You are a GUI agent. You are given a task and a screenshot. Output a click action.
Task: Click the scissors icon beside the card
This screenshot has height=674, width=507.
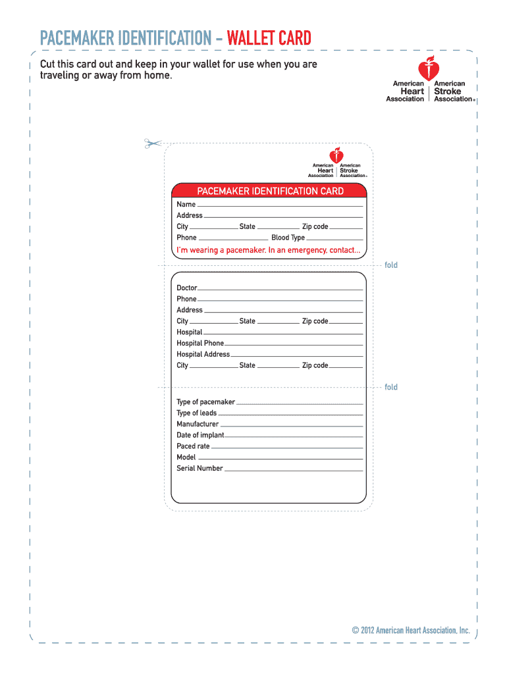coord(153,143)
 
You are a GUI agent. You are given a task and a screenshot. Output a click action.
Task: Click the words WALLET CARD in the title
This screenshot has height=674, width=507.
coord(269,38)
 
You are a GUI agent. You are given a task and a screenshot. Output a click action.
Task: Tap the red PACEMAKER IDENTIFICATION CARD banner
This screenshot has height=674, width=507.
coord(270,191)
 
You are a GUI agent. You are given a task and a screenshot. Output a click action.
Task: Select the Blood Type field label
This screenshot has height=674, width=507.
coord(288,238)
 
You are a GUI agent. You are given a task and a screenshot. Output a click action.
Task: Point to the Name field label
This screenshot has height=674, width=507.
coord(186,205)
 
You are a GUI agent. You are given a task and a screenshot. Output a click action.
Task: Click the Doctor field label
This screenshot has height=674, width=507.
coord(186,288)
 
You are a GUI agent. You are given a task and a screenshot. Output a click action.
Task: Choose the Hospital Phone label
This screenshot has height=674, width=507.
coord(200,344)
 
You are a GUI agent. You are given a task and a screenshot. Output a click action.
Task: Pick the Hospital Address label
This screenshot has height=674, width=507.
coord(203,355)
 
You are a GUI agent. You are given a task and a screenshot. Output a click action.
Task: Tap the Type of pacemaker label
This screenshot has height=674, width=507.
coord(205,402)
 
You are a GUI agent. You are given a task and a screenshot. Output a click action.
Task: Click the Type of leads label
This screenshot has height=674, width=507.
coord(196,413)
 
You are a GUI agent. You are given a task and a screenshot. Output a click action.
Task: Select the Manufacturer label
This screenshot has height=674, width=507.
coord(198,425)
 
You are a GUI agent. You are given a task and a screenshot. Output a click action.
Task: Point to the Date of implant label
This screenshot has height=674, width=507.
coord(200,436)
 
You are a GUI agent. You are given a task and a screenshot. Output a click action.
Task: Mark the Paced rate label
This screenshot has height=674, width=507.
coord(193,446)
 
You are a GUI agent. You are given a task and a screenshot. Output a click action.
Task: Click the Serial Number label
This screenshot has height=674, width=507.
coord(200,469)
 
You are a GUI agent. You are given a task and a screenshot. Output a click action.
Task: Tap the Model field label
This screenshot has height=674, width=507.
coord(186,457)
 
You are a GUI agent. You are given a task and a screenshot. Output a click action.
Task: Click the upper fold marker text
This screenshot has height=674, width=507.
coord(391,265)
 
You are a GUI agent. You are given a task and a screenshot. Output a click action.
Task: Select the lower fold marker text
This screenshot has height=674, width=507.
coord(391,387)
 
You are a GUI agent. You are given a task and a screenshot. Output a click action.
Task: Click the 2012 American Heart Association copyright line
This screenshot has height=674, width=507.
coord(411,631)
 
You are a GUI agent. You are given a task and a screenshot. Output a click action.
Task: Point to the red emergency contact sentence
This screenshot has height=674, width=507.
coord(268,250)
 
